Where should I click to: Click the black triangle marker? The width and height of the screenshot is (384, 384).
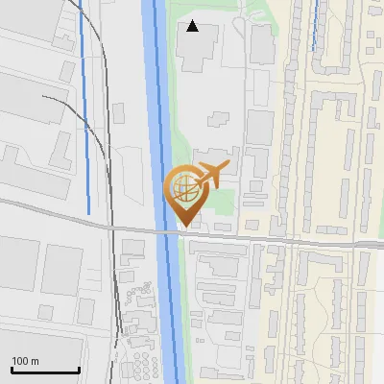pyautogui.click(x=193, y=26)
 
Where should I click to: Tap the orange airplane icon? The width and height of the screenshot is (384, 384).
pyautogui.click(x=214, y=175)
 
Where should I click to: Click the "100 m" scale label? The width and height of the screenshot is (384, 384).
pyautogui.click(x=25, y=362)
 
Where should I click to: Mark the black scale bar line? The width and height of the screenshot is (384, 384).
pyautogui.click(x=44, y=371)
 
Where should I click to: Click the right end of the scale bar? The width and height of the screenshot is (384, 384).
pyautogui.click(x=79, y=371)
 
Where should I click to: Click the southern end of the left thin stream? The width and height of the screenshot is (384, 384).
pyautogui.click(x=89, y=212)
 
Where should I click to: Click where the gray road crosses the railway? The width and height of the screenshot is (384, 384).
pyautogui.click(x=113, y=228)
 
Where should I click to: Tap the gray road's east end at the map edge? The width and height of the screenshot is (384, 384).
pyautogui.click(x=380, y=245)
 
